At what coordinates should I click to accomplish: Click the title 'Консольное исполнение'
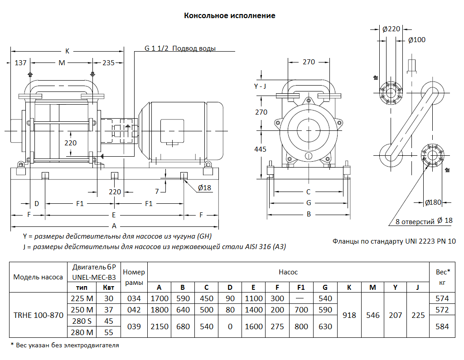(229, 15)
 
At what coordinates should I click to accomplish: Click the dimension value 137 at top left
(21, 62)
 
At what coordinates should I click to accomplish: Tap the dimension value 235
(108, 62)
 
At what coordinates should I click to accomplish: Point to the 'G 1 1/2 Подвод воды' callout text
(180, 48)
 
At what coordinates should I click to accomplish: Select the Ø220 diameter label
(391, 29)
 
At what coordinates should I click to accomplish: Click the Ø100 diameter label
(417, 40)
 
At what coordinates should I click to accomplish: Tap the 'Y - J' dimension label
(261, 86)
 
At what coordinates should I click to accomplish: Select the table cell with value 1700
(159, 298)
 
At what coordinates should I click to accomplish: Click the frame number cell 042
(134, 310)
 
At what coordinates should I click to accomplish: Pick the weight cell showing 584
(441, 326)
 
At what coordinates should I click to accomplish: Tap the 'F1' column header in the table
(301, 287)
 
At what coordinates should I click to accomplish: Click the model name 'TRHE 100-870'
(38, 315)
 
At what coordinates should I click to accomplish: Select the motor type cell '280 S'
(82, 321)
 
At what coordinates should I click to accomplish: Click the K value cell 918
(349, 315)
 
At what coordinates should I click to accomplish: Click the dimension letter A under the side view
(114, 225)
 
